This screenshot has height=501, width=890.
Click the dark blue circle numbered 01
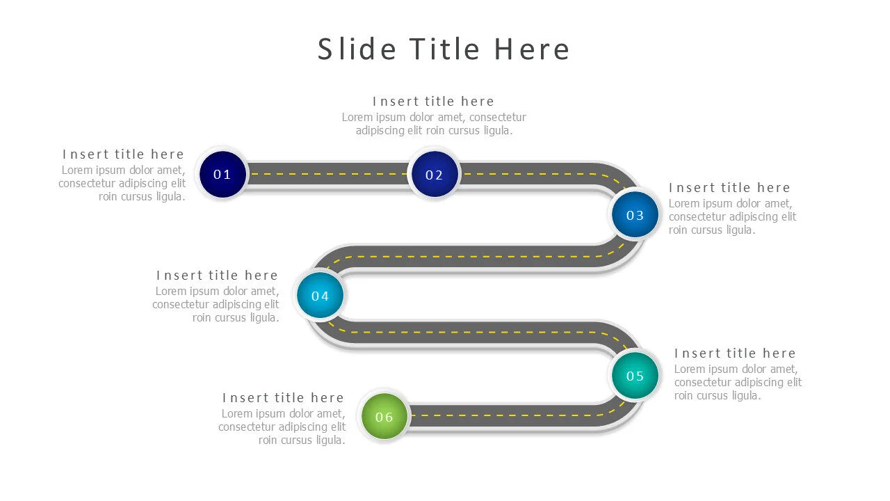click(222, 174)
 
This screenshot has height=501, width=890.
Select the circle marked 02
click(434, 175)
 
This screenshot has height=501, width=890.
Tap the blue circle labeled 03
click(635, 215)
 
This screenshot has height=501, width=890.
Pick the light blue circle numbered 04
click(320, 296)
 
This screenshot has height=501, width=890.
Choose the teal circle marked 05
click(635, 376)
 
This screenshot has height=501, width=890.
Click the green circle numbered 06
click(385, 417)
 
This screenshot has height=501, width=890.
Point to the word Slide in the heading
click(357, 49)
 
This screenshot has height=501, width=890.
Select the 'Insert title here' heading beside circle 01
click(123, 154)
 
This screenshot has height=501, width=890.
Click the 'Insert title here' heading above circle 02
click(433, 102)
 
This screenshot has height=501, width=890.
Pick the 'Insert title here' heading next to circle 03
click(729, 188)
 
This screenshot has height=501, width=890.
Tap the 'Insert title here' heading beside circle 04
click(217, 276)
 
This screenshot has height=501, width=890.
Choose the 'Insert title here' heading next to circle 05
click(735, 353)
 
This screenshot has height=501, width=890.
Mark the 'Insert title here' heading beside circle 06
click(283, 398)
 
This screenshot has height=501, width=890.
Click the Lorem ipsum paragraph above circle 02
click(434, 124)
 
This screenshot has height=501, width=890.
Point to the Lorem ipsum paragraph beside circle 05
click(737, 382)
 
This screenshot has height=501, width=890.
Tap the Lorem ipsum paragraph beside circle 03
click(731, 216)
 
